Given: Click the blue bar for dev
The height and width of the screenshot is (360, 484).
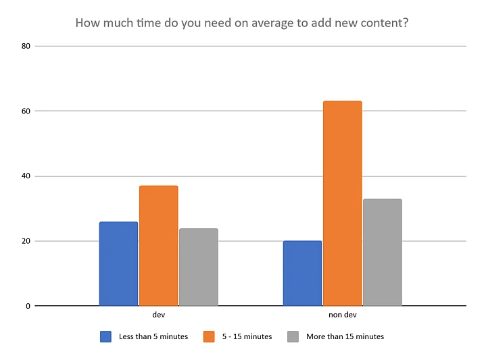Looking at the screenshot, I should tap(118, 263).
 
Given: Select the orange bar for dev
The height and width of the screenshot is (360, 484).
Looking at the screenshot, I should tap(159, 246).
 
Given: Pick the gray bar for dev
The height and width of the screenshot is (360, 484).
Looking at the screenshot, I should tap(199, 267).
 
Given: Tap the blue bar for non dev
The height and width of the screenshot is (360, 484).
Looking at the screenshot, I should tap(302, 273).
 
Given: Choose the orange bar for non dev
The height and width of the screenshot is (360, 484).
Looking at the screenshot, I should tap(342, 203).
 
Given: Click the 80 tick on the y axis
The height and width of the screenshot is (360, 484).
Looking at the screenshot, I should tap(26, 46).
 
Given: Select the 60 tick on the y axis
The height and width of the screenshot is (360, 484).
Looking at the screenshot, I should tap(26, 111).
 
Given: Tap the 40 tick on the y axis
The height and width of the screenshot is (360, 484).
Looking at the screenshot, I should tap(26, 176).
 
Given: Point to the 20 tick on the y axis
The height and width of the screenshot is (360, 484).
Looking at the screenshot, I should tap(26, 241).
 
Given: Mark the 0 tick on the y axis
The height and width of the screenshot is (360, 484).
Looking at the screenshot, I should tap(28, 306).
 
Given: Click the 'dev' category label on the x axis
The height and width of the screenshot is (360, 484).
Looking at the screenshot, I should tap(159, 315).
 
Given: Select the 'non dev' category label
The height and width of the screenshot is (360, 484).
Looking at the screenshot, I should tap(342, 315).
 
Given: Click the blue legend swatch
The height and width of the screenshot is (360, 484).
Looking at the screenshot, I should tap(105, 336).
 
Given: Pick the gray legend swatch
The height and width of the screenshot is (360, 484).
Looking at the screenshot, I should tap(293, 336).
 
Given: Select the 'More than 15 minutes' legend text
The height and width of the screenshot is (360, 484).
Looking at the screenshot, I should tap(345, 336).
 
